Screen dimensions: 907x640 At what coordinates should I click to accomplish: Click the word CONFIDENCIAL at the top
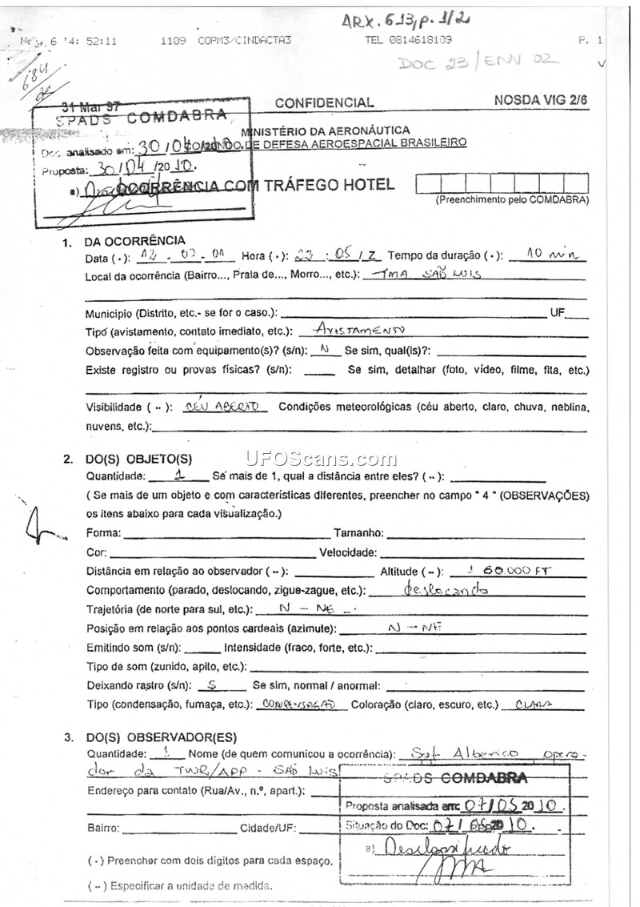pyautogui.click(x=324, y=102)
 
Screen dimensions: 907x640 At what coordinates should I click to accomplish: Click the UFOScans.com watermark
pyautogui.click(x=321, y=460)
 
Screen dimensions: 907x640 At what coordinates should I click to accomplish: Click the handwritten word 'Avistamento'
pyautogui.click(x=360, y=330)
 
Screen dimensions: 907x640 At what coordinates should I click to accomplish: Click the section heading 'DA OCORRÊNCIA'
pyautogui.click(x=135, y=241)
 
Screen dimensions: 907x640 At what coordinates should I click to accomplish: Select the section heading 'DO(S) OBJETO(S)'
pyautogui.click(x=138, y=459)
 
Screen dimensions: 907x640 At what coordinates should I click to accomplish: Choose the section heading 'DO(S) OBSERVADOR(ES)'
pyautogui.click(x=161, y=737)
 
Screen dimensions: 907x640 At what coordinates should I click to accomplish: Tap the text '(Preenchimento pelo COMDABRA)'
pyautogui.click(x=512, y=200)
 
